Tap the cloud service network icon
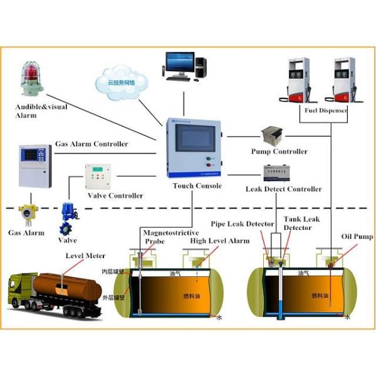pos(122,80)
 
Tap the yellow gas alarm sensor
pos(26,215)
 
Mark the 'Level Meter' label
pos(86,256)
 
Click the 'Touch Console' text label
pos(197,186)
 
